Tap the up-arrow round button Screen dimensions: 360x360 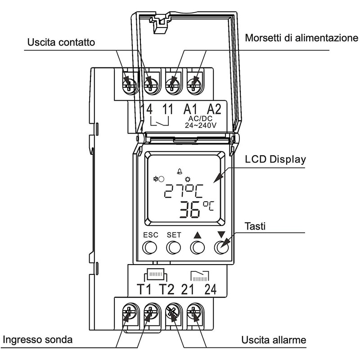[197, 247]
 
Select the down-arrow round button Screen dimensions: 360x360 [220, 247]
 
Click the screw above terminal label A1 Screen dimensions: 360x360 [171, 83]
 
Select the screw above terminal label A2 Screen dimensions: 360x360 [195, 83]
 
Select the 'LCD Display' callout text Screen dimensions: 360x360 [275, 160]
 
